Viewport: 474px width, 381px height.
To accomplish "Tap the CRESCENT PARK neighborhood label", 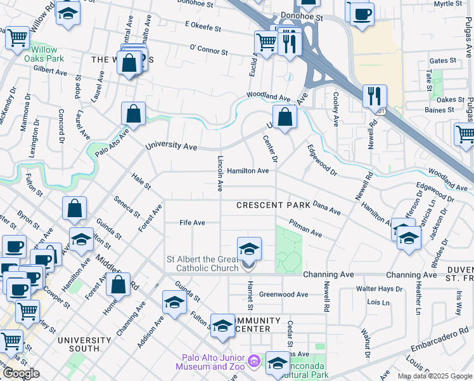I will point(273,205).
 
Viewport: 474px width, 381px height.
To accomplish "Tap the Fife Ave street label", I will point(192,223).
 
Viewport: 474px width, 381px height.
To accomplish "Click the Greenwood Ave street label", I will point(283,295).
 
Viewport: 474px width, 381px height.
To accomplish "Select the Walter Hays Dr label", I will point(380,289).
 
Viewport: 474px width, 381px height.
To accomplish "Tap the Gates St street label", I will point(443,61).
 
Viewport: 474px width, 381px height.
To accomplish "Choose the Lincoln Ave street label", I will point(220,173).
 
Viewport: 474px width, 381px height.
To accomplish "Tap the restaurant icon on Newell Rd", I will point(375,96).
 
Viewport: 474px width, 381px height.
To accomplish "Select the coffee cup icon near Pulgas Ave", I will point(362,13).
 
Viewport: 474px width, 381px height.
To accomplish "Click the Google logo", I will point(21,373).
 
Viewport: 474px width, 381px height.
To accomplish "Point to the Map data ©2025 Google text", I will point(435,376).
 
